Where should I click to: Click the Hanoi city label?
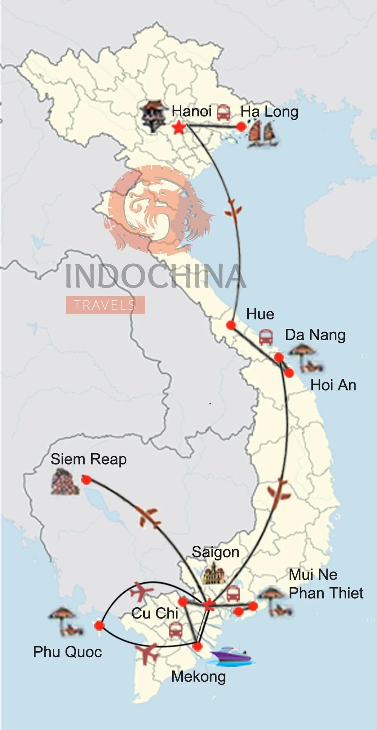pos(192,111)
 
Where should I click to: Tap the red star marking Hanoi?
pos(179,128)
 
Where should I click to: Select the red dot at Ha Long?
pos(241,127)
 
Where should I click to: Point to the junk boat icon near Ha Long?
pos(262,134)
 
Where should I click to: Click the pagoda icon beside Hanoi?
pos(153,115)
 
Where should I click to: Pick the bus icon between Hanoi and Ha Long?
pos(224,113)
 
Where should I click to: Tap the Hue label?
pos(260,314)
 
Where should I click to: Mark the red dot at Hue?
pos(231,325)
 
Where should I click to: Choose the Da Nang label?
pos(315,335)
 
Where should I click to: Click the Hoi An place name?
pos(333,385)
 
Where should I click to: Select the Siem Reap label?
pos(89,460)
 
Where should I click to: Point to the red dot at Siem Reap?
pos(86,480)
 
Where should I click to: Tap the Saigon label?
pos(215,552)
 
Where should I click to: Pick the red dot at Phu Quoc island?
pos(99,626)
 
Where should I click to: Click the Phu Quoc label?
pos(67,652)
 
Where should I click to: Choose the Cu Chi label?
pos(155,613)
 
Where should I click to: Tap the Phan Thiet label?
pos(326,593)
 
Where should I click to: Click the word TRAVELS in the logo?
pos(105,305)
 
